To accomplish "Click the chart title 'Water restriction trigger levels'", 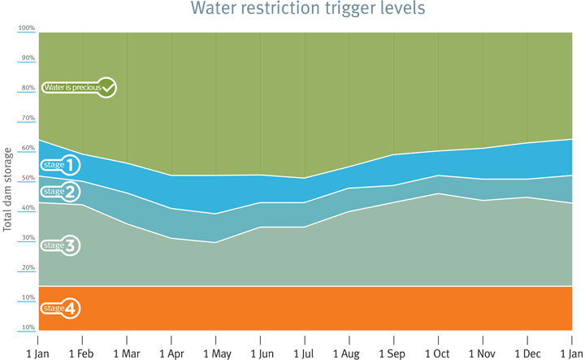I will click(308, 10).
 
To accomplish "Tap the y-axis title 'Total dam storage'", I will click(8, 189).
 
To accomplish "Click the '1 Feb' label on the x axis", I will click(82, 353).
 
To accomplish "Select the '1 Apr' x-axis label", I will click(171, 353).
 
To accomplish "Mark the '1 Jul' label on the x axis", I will click(304, 353).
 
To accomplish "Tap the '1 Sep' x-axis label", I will click(393, 353).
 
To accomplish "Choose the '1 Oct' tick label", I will click(439, 353).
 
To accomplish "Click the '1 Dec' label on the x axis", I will click(527, 353).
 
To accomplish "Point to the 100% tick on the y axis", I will click(27, 28).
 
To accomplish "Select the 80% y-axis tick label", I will click(28, 88).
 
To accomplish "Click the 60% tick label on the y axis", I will click(28, 148).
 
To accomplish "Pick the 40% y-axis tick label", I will click(28, 208).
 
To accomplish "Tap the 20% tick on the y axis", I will click(28, 267).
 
